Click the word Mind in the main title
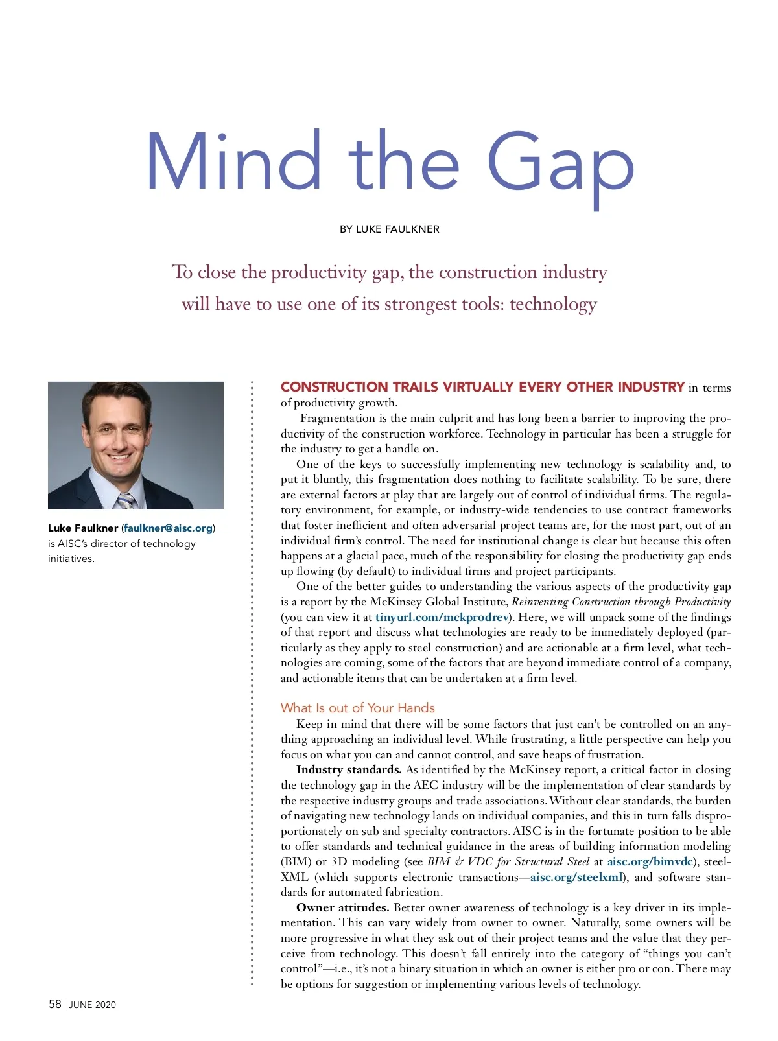(233, 162)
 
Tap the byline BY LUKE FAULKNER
(389, 229)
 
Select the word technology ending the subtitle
(552, 304)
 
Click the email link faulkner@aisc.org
(168, 528)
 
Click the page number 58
(55, 1004)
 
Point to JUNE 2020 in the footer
(92, 1005)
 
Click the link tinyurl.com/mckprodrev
(442, 617)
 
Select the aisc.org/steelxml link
(576, 877)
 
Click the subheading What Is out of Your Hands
(357, 708)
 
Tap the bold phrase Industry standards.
(349, 770)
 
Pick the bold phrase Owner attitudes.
(342, 908)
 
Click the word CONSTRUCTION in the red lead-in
(334, 388)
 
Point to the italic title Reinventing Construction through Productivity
(621, 602)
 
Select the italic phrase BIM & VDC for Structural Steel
(508, 862)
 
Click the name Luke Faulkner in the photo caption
(83, 528)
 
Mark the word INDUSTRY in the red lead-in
(651, 388)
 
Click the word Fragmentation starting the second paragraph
(337, 419)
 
